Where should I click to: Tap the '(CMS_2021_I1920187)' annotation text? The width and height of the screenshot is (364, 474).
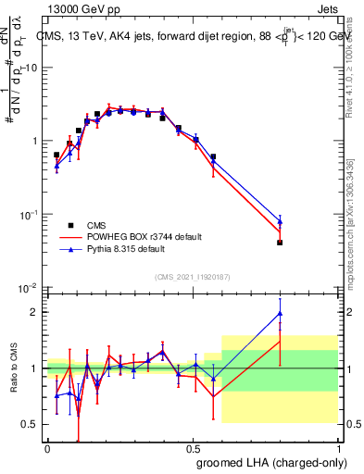pos(192,277)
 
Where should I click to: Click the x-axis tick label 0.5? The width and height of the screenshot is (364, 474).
pos(193,447)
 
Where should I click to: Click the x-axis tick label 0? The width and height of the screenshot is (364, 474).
pos(47,447)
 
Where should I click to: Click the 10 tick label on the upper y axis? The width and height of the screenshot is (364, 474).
pos(31,68)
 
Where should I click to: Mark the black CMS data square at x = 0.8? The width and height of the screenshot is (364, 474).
pos(280,243)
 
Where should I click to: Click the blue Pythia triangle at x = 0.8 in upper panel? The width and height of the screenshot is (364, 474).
pos(280,222)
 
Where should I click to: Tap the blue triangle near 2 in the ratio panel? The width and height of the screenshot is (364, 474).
pos(280,314)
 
